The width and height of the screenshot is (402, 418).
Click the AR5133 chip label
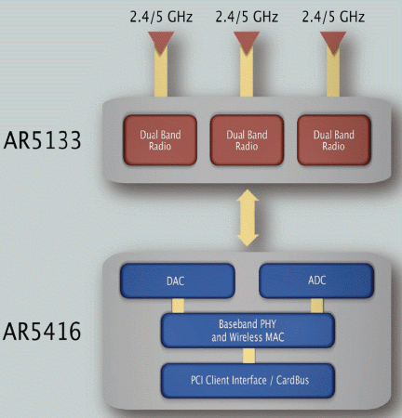click(x=42, y=140)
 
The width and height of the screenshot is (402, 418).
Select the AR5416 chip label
click(x=42, y=332)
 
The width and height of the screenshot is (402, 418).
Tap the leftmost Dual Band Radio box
click(x=160, y=140)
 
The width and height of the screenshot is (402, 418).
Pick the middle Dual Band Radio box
click(x=247, y=140)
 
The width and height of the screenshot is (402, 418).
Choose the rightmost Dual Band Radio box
click(x=334, y=140)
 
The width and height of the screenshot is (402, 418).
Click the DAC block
click(x=178, y=281)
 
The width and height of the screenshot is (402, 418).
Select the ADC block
click(x=316, y=281)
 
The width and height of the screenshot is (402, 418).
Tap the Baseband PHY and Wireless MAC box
click(x=248, y=331)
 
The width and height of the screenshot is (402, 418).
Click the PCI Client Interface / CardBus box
click(x=248, y=381)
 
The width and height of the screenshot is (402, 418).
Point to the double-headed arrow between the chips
click(x=248, y=217)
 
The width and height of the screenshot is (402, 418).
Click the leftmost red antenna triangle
click(x=161, y=43)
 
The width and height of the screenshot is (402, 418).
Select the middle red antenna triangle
click(x=247, y=43)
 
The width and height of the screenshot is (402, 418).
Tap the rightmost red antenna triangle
click(x=333, y=43)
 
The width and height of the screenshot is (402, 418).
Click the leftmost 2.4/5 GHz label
click(x=161, y=17)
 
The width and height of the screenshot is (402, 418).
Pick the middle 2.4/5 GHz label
click(x=247, y=17)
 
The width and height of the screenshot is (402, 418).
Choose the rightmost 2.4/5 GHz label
click(x=333, y=17)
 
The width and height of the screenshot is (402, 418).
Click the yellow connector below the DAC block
click(x=178, y=306)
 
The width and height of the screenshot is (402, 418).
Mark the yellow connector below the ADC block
click(x=317, y=306)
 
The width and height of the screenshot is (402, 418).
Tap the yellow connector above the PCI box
click(x=249, y=356)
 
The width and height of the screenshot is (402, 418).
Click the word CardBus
click(x=292, y=380)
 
